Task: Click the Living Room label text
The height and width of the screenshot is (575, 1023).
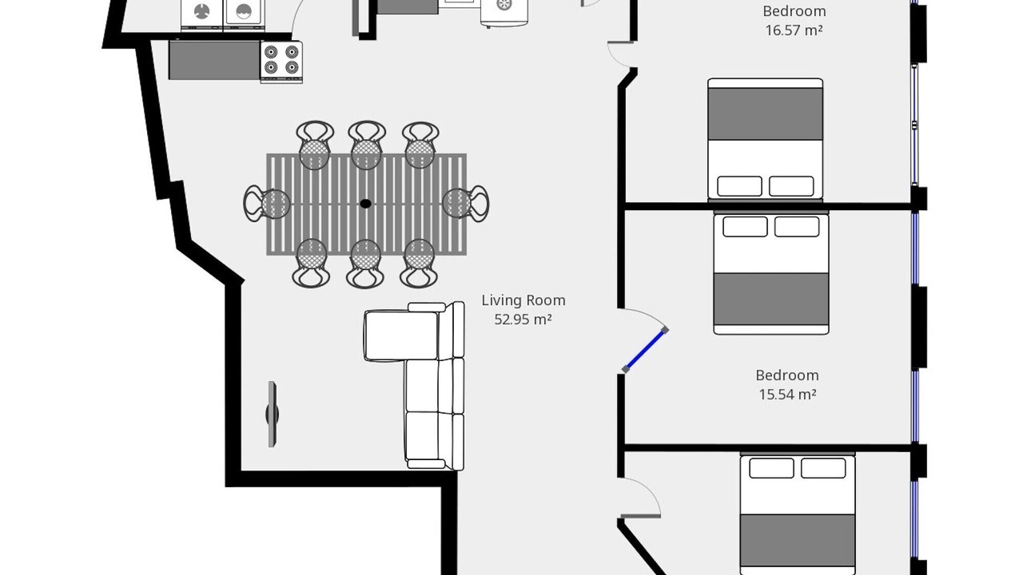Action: click(523, 300)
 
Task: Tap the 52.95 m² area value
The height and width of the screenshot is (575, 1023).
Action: click(523, 319)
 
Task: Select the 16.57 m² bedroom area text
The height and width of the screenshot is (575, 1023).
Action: click(794, 30)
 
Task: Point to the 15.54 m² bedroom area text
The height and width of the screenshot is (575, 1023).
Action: click(787, 395)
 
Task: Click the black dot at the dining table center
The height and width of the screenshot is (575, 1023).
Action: click(365, 204)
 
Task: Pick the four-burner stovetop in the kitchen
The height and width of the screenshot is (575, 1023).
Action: click(281, 62)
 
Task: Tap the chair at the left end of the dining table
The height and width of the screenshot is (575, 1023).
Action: click(267, 204)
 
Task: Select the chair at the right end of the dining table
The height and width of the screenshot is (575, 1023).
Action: click(466, 204)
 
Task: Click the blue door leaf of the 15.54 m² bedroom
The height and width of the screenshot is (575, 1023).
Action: click(645, 350)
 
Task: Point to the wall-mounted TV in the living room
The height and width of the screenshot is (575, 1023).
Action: click(273, 414)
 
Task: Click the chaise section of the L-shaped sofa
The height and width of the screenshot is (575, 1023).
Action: click(402, 335)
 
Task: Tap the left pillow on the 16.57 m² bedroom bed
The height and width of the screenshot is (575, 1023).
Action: click(739, 186)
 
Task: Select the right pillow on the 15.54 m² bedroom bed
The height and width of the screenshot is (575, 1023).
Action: click(797, 227)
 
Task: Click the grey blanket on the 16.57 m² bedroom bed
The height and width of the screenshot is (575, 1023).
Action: click(766, 114)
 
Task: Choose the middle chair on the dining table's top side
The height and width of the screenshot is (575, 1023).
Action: click(366, 145)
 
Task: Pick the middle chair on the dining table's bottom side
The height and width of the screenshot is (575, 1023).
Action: click(365, 264)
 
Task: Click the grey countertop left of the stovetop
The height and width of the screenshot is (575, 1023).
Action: click(214, 60)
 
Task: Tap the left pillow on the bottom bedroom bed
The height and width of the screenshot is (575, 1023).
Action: click(771, 468)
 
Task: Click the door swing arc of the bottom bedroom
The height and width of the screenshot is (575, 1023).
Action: click(649, 490)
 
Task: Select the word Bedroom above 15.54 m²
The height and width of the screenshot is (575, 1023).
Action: click(787, 375)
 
